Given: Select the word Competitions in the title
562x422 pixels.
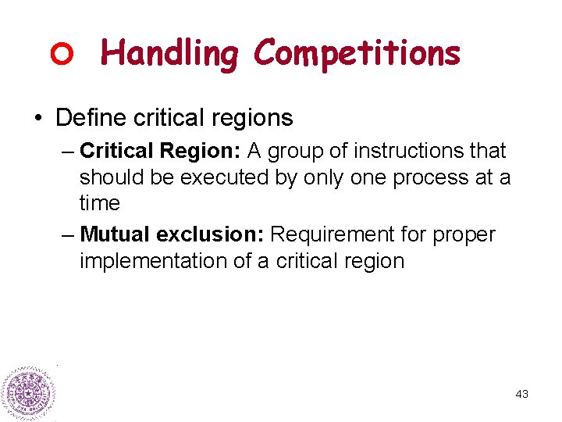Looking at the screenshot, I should [x=357, y=53].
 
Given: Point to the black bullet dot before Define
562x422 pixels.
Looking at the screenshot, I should [x=37, y=119].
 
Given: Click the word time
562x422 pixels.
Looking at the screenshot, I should [x=99, y=203].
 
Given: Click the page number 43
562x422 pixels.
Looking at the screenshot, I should [x=522, y=394].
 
